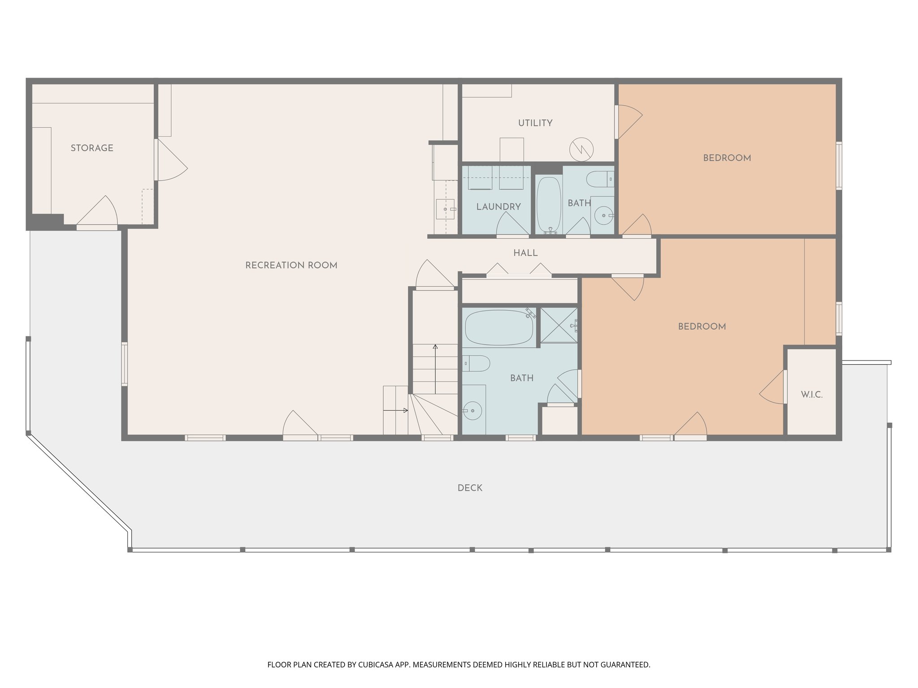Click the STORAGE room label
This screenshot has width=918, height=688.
pos(92,148)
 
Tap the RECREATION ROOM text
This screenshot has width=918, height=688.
pos(291,266)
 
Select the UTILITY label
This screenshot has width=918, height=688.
pos(535,123)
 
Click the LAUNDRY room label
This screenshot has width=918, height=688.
pos(498,207)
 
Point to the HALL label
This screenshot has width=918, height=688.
pos(525,254)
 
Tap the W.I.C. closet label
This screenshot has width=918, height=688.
pos(812,395)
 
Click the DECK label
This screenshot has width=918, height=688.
pos(470,488)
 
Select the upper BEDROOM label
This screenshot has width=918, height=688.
pos(727,158)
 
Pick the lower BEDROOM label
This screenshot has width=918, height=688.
pos(701,327)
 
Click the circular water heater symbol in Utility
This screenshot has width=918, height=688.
pos(581,149)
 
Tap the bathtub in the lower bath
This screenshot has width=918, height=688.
pos(499,328)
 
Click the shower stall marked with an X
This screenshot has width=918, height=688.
pos(559,325)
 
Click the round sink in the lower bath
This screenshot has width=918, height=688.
pos(472,410)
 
